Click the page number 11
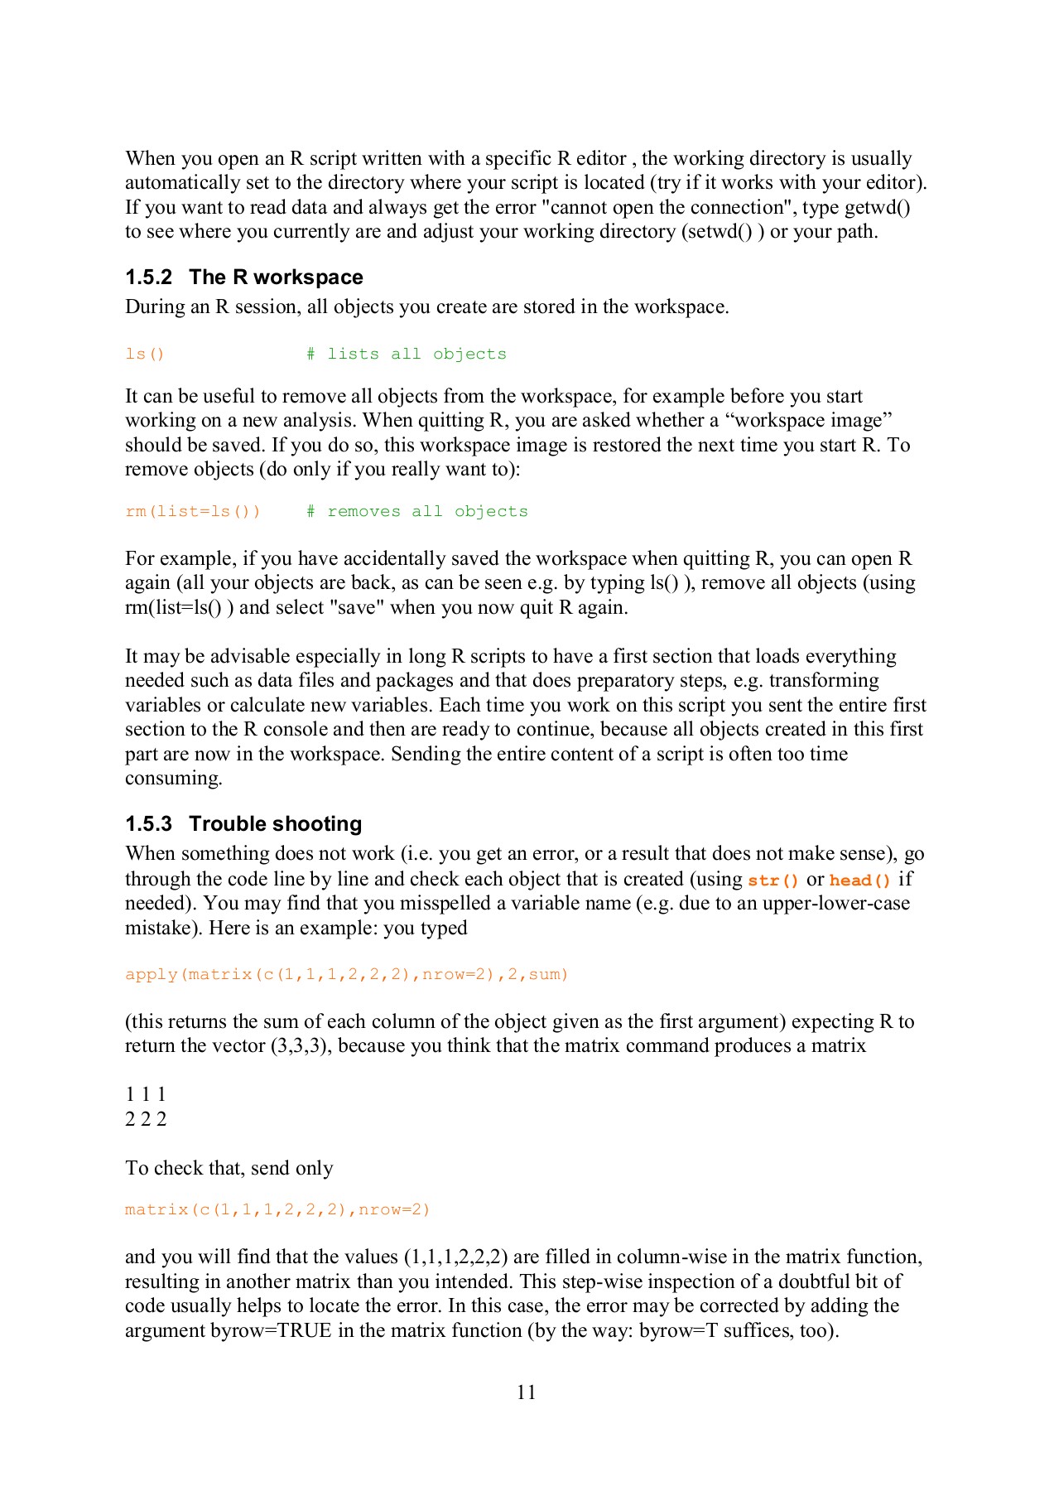pyautogui.click(x=526, y=1392)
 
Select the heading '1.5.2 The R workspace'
pyautogui.click(x=244, y=277)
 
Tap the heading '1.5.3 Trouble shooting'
pyautogui.click(x=243, y=824)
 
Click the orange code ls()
pyautogui.click(x=145, y=355)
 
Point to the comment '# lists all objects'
pyautogui.click(x=406, y=355)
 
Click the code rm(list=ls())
pyautogui.click(x=193, y=512)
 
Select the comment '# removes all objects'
pyautogui.click(x=416, y=512)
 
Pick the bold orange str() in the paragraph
pyautogui.click(x=773, y=881)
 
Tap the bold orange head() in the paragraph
pyautogui.click(x=860, y=881)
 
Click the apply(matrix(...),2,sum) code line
pyautogui.click(x=347, y=975)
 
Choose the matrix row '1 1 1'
pyautogui.click(x=146, y=1095)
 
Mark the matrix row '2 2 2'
pyautogui.click(x=146, y=1120)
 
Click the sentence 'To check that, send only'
pyautogui.click(x=229, y=1169)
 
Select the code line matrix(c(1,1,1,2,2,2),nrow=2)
pyautogui.click(x=277, y=1210)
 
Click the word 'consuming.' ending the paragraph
pyautogui.click(x=174, y=779)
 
